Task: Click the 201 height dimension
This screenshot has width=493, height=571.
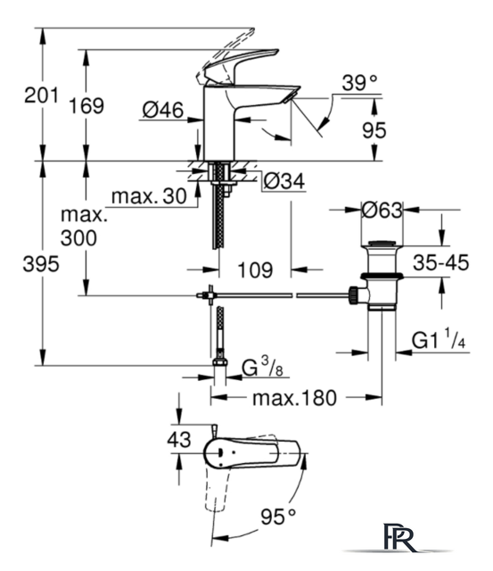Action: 41,95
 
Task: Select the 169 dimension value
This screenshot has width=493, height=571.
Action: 86,106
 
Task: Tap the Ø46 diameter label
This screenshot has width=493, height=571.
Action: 163,110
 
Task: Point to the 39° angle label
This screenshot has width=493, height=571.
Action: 360,83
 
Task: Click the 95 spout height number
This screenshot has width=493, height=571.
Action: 374,130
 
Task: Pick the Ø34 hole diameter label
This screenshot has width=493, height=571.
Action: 284,181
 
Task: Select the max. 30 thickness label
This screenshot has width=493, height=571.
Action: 149,196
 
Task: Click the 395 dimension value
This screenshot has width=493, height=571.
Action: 41,264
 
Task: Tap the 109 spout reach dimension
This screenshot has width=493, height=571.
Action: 255,270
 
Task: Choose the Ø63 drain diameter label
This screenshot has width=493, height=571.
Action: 382,211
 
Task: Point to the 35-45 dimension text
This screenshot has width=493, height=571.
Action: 441,262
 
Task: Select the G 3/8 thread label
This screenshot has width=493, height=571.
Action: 262,367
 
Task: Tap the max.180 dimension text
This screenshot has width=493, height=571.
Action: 295,398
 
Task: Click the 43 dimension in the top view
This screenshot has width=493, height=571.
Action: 179,440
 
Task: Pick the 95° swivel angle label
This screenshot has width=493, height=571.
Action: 278,517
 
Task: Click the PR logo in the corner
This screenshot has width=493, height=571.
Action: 399,538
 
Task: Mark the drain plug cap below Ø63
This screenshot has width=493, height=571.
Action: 382,244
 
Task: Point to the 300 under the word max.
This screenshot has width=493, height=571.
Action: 78,238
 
